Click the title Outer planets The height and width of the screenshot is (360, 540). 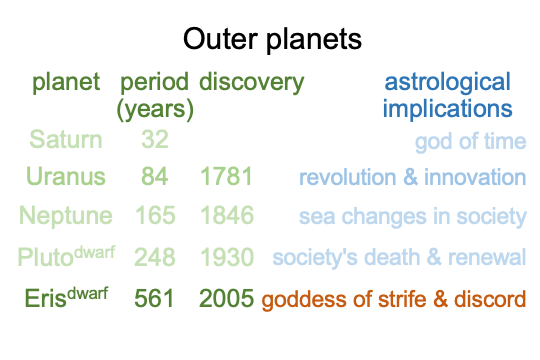point(272,40)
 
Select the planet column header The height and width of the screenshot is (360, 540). point(66,83)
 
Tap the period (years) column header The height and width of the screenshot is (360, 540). point(155,96)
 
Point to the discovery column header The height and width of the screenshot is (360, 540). point(251,83)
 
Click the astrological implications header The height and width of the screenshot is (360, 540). point(447,96)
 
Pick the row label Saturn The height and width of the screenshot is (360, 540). point(66,140)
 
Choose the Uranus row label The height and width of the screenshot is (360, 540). point(66,176)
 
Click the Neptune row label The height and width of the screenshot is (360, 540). point(66,216)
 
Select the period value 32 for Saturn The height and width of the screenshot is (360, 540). point(155,140)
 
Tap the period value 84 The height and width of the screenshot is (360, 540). point(155,176)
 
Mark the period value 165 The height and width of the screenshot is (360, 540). point(155,215)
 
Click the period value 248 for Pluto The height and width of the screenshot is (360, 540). point(155,257)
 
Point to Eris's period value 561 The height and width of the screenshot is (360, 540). point(154,298)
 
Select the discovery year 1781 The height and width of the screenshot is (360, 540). point(227,176)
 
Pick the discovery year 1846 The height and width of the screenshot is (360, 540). point(227,215)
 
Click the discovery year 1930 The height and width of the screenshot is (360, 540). point(227,257)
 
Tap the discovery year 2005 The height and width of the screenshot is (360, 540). point(227,298)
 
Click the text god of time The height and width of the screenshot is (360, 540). point(470,142)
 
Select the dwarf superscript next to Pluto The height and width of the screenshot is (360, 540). point(95,253)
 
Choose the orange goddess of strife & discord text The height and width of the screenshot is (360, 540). point(394,300)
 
